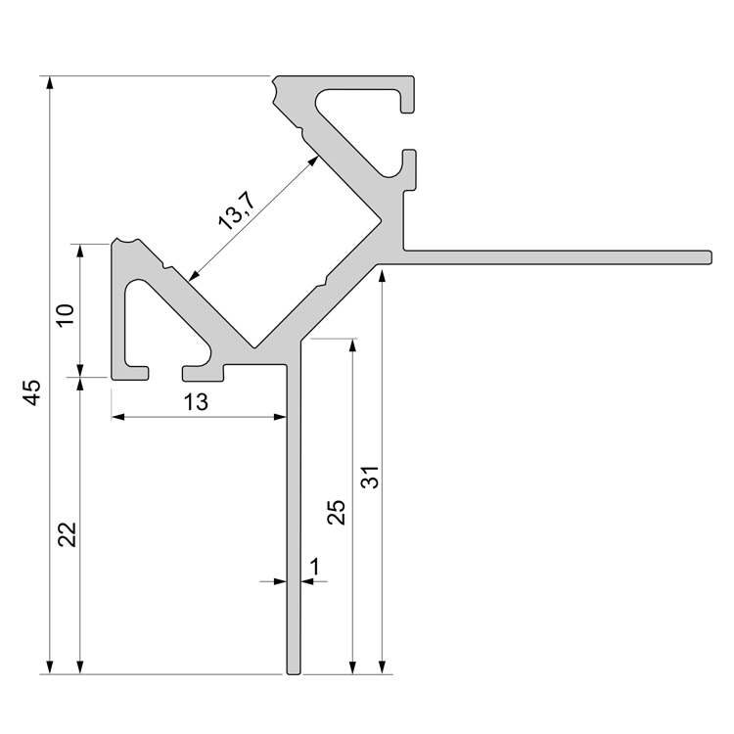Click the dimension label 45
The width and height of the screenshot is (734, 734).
(x=32, y=392)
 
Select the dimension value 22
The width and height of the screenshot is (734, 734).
(x=67, y=534)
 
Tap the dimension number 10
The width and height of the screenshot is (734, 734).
(x=65, y=315)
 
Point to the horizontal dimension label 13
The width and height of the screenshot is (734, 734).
(x=196, y=402)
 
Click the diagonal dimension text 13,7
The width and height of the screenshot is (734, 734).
(x=238, y=212)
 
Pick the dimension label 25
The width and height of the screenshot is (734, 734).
(x=336, y=512)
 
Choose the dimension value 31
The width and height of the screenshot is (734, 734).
(x=370, y=477)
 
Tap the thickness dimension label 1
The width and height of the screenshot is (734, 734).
(x=315, y=566)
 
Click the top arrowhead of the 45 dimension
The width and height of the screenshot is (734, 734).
(x=50, y=82)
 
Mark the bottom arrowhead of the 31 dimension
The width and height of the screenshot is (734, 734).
(x=382, y=667)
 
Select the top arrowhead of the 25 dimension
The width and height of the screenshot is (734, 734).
(x=353, y=344)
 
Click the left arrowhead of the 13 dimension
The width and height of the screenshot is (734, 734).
(x=118, y=416)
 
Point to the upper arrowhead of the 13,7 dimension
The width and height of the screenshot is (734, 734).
(x=313, y=161)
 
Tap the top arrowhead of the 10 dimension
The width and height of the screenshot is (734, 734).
(x=80, y=251)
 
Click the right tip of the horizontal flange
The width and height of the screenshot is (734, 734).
(x=711, y=257)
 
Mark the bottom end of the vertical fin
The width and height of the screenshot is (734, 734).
(x=294, y=673)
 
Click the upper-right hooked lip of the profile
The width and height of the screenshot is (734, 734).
(x=407, y=95)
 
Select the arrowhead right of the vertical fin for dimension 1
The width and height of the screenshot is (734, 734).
(x=307, y=581)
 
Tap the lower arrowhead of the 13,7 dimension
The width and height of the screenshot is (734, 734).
(x=195, y=275)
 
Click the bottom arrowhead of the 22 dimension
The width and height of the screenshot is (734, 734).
(x=80, y=667)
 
